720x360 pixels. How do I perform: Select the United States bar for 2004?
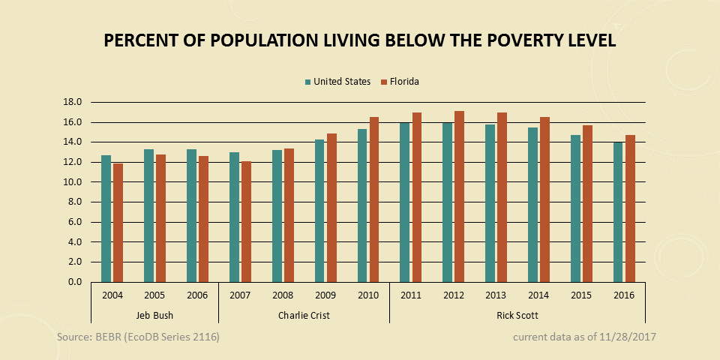click(x=106, y=219)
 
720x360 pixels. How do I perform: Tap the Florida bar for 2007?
click(x=246, y=222)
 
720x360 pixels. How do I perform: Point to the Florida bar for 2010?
click(x=374, y=199)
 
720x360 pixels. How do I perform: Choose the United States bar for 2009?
click(x=319, y=211)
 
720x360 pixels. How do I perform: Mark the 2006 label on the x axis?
click(x=197, y=295)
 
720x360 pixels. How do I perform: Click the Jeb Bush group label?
click(x=154, y=315)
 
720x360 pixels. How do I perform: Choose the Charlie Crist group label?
click(x=304, y=315)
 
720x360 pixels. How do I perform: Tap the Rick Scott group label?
click(x=517, y=315)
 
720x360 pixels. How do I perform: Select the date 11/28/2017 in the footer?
click(x=626, y=337)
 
